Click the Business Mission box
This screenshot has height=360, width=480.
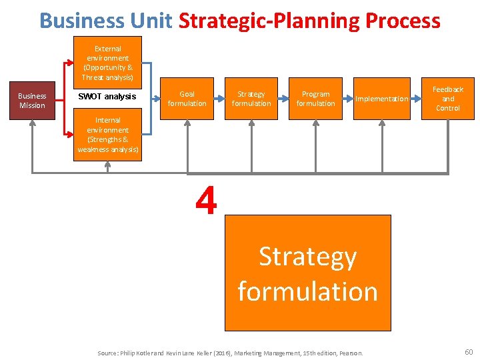point(32,101)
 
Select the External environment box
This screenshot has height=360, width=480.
point(107,63)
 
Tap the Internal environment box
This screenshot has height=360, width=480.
point(107,135)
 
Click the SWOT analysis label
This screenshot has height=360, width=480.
point(107,97)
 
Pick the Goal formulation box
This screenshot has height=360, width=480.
point(187,99)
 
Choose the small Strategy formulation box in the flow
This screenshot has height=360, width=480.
point(251,99)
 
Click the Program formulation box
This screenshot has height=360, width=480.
point(315,99)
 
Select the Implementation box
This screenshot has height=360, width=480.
point(381,99)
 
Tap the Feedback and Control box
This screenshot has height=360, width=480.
point(447,99)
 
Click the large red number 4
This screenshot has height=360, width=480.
point(207,201)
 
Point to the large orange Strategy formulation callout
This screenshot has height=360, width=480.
point(307,273)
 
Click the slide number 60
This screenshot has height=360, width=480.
point(468,351)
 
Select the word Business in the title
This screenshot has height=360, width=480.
point(82,21)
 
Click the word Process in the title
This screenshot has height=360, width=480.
point(403,21)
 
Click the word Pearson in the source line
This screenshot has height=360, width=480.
point(351,353)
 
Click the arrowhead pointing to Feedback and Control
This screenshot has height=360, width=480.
point(417,98)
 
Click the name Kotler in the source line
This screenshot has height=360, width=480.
point(147,353)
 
